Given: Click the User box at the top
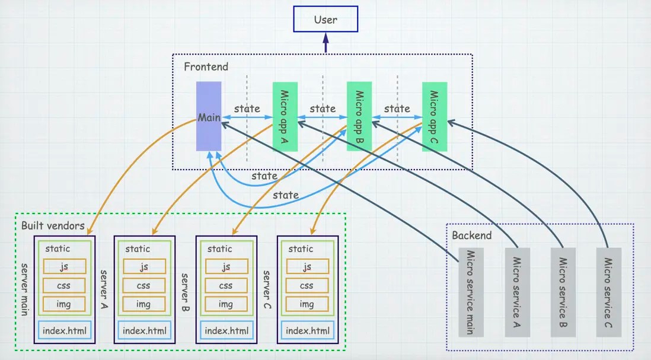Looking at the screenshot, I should coord(325,19).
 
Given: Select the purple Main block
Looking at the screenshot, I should coord(209,116).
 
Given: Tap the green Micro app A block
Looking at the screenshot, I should coord(285,116).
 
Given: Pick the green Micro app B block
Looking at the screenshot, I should coord(359,116).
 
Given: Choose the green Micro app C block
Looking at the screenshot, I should coord(435,116).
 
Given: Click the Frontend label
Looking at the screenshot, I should coord(206,66).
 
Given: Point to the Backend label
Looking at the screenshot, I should coord(472,235).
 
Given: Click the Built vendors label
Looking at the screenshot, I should coord(53,225).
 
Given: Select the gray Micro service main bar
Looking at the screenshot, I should coord(471,292).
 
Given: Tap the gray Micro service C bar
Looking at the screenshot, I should coord(609,292).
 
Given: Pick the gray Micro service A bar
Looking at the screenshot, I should coord(517,292).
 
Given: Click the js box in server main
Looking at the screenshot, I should coord(64,267).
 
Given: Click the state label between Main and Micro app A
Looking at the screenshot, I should coord(247,109).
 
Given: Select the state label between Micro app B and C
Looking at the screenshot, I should coord(397,109).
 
